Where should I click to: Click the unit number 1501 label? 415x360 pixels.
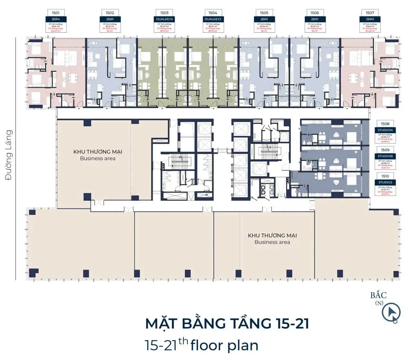(55, 13)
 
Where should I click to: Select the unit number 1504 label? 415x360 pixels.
(213, 13)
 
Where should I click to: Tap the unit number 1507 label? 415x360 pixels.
(370, 13)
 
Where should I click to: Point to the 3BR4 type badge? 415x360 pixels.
(55, 19)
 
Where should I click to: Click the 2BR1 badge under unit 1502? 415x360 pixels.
(110, 19)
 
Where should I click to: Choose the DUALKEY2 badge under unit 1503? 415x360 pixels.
(164, 19)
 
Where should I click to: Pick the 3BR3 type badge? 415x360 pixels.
(370, 19)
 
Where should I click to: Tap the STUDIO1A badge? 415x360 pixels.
(385, 130)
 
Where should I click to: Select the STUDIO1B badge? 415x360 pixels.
(385, 157)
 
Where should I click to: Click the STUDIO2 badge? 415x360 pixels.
(385, 182)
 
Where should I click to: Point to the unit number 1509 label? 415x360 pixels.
(385, 150)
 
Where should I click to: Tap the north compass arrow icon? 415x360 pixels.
(391, 313)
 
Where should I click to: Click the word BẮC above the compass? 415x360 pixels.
(378, 295)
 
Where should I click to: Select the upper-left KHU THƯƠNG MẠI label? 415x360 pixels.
(98, 152)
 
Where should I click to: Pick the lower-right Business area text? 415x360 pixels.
(272, 242)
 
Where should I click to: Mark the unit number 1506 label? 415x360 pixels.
(314, 13)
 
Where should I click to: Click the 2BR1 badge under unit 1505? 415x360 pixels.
(264, 19)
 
